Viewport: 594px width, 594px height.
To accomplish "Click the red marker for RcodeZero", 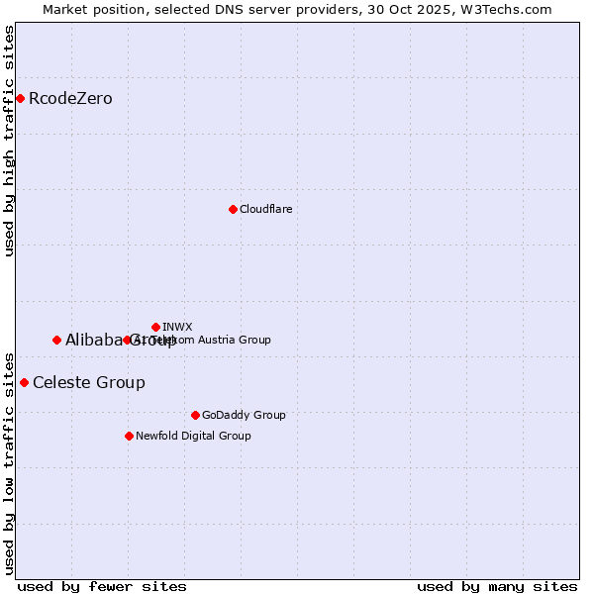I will point(20,98).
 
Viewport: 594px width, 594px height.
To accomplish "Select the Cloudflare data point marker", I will point(233,209).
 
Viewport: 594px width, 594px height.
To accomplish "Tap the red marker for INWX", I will point(155,327).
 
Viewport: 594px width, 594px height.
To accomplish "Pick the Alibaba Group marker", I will point(56,340).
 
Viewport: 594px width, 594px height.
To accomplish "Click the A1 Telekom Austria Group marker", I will point(127,340).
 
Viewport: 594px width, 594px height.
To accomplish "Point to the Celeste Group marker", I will point(24,382).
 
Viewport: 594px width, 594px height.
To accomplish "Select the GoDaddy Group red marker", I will point(195,415).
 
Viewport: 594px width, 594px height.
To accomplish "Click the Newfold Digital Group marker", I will point(129,436).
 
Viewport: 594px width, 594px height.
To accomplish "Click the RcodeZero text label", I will point(70,98).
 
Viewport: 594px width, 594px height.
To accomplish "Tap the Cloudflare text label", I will point(265,209).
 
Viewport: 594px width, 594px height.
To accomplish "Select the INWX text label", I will point(177,327).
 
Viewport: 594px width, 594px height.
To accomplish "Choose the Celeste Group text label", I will point(89,382).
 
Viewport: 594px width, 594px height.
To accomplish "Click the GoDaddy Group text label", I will point(244,415).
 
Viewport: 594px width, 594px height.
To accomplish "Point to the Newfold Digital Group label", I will point(193,436).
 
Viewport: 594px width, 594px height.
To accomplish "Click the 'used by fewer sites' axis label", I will point(102,586).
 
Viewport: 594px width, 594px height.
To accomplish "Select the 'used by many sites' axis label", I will point(497,586).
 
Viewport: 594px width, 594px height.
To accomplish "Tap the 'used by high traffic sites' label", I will point(9,141).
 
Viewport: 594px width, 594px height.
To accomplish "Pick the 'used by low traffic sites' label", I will point(9,463).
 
